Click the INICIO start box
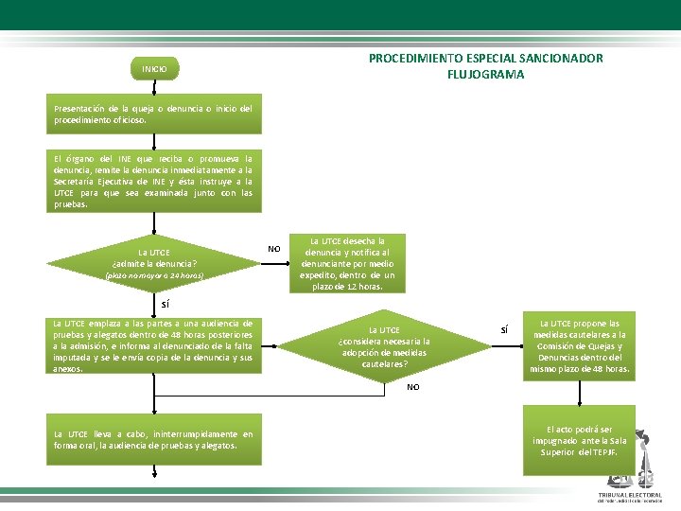click(x=154, y=69)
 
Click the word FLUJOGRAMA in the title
click(x=485, y=74)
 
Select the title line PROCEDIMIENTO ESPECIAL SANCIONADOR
click(x=485, y=59)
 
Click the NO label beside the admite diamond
click(x=273, y=249)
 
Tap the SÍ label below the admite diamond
click(x=166, y=305)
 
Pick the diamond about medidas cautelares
click(x=384, y=346)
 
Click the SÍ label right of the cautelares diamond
click(x=504, y=330)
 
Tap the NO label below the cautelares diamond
click(x=412, y=387)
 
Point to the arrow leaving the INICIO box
click(x=154, y=86)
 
